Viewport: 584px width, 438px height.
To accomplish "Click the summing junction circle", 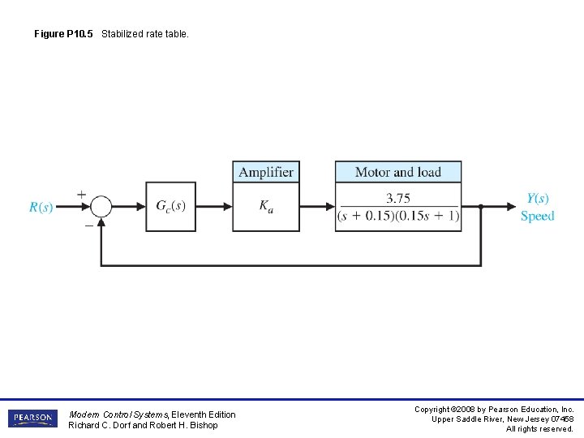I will pos(101,207).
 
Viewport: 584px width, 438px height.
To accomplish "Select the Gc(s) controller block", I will pos(171,207).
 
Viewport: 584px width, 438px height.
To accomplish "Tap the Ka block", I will pos(266,207).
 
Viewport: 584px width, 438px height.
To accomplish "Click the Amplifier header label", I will pos(266,172).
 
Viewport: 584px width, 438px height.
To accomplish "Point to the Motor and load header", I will pos(398,172).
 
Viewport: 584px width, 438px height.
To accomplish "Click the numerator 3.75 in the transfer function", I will pos(398,198).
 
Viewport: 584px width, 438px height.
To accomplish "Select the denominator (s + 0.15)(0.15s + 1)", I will pos(398,217).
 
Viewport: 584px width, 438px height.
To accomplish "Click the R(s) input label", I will pos(41,208).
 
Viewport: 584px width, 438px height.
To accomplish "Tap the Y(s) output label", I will pos(537,199).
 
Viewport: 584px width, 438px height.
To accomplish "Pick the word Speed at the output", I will pos(537,217).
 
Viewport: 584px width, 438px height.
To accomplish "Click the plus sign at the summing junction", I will pos(81,194).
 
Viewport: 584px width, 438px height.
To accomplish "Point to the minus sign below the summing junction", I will pos(88,225).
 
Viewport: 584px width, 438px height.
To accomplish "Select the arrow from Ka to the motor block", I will pos(317,207).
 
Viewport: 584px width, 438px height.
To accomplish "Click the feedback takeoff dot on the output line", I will pos(480,207).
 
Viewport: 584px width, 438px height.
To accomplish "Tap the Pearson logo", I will pos(32,419).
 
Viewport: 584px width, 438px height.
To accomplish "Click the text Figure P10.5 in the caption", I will pos(64,34).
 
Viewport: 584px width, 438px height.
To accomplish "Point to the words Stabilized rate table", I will pos(145,34).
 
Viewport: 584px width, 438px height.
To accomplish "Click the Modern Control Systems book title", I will pos(118,414).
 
